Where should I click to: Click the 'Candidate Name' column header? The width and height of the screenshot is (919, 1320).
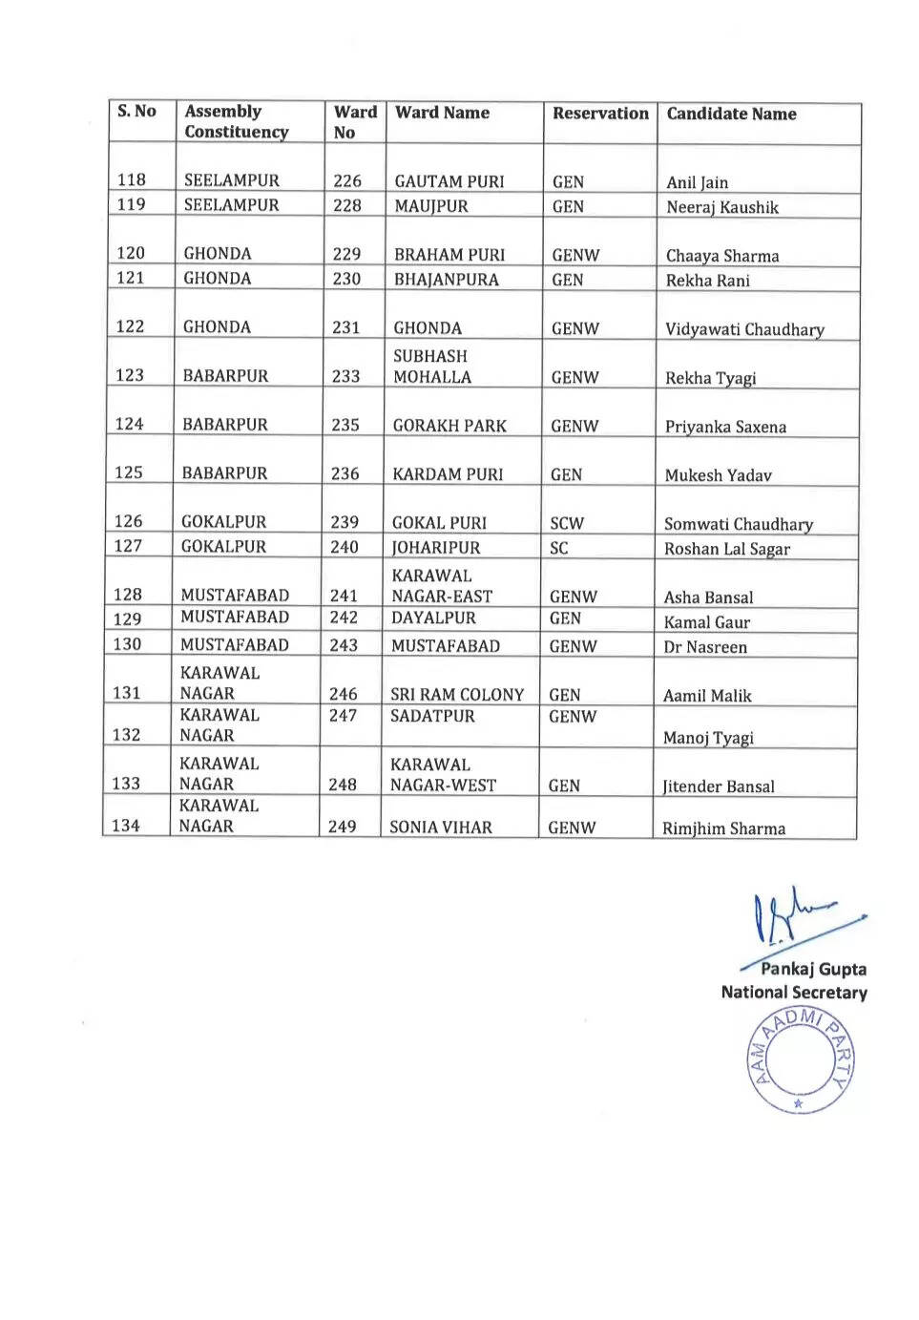click(731, 114)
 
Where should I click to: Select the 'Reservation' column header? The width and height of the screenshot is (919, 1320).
click(600, 114)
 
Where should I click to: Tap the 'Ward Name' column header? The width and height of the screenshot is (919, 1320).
click(442, 113)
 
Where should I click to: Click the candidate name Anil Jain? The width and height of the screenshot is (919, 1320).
click(697, 182)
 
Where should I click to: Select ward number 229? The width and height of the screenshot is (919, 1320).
click(346, 254)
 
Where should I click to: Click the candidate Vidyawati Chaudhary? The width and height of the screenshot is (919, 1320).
click(744, 329)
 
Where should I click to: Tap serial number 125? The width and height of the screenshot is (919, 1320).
click(129, 472)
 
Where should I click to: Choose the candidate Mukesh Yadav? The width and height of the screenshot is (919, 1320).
click(718, 475)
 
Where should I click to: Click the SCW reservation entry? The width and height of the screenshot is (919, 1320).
click(567, 523)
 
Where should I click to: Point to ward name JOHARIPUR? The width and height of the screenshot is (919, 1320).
click(436, 548)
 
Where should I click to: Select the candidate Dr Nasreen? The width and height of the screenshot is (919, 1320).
click(705, 647)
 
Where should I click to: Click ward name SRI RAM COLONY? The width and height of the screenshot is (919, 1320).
click(457, 695)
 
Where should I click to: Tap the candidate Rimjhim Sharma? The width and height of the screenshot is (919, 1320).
click(723, 828)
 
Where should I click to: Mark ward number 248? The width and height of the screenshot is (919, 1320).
click(343, 785)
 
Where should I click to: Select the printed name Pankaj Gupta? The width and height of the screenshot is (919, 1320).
click(813, 969)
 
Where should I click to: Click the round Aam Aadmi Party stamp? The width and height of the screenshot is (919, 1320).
click(801, 1059)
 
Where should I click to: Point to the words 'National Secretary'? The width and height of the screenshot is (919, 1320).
click(794, 993)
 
